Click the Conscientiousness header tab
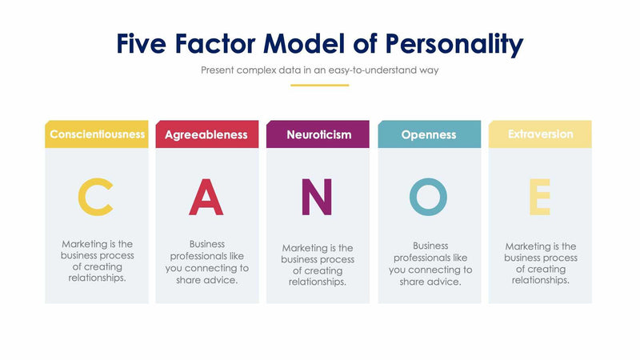[x=97, y=134]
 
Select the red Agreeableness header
[x=206, y=134]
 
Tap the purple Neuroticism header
[x=318, y=134]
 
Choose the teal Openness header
[x=429, y=134]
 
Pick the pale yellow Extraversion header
[x=540, y=134]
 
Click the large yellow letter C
[x=95, y=198]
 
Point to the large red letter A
[x=206, y=198]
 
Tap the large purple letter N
[x=317, y=198]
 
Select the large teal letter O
[x=429, y=197]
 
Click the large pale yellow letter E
[x=540, y=198]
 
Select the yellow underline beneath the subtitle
[x=319, y=85]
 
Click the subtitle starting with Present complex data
[x=319, y=70]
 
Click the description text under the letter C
[x=97, y=261]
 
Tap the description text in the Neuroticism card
[x=318, y=265]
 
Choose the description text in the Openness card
[x=430, y=264]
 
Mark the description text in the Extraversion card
[x=540, y=263]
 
